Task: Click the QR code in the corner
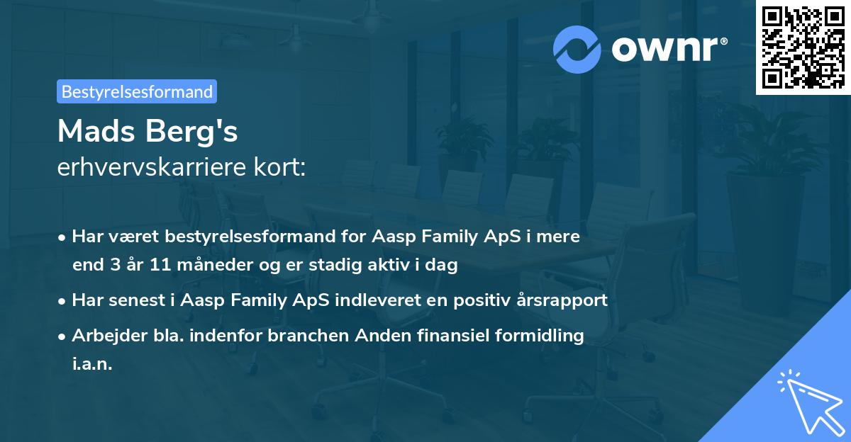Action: coord(803,47)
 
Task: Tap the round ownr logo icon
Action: coord(577,50)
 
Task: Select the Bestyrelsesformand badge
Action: coord(137,91)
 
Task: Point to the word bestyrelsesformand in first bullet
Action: coord(230,237)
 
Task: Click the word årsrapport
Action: coord(564,300)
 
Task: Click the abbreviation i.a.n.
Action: coord(93,364)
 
